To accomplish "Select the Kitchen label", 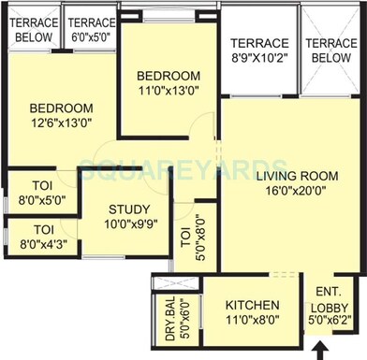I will coord(253,306).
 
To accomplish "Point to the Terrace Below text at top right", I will coord(330,50).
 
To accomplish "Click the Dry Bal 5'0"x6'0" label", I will coord(170,314).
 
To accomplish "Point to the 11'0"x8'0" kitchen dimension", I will coord(253,321).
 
